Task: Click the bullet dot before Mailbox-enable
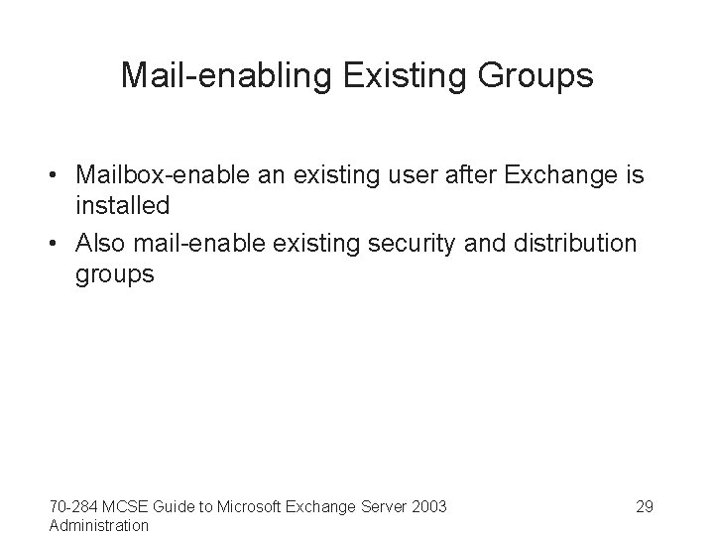58,177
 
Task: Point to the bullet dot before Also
58,244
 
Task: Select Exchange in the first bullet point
557,177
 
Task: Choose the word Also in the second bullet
99,244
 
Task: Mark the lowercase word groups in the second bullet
115,274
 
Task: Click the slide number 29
644,507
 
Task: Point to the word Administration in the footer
99,525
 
